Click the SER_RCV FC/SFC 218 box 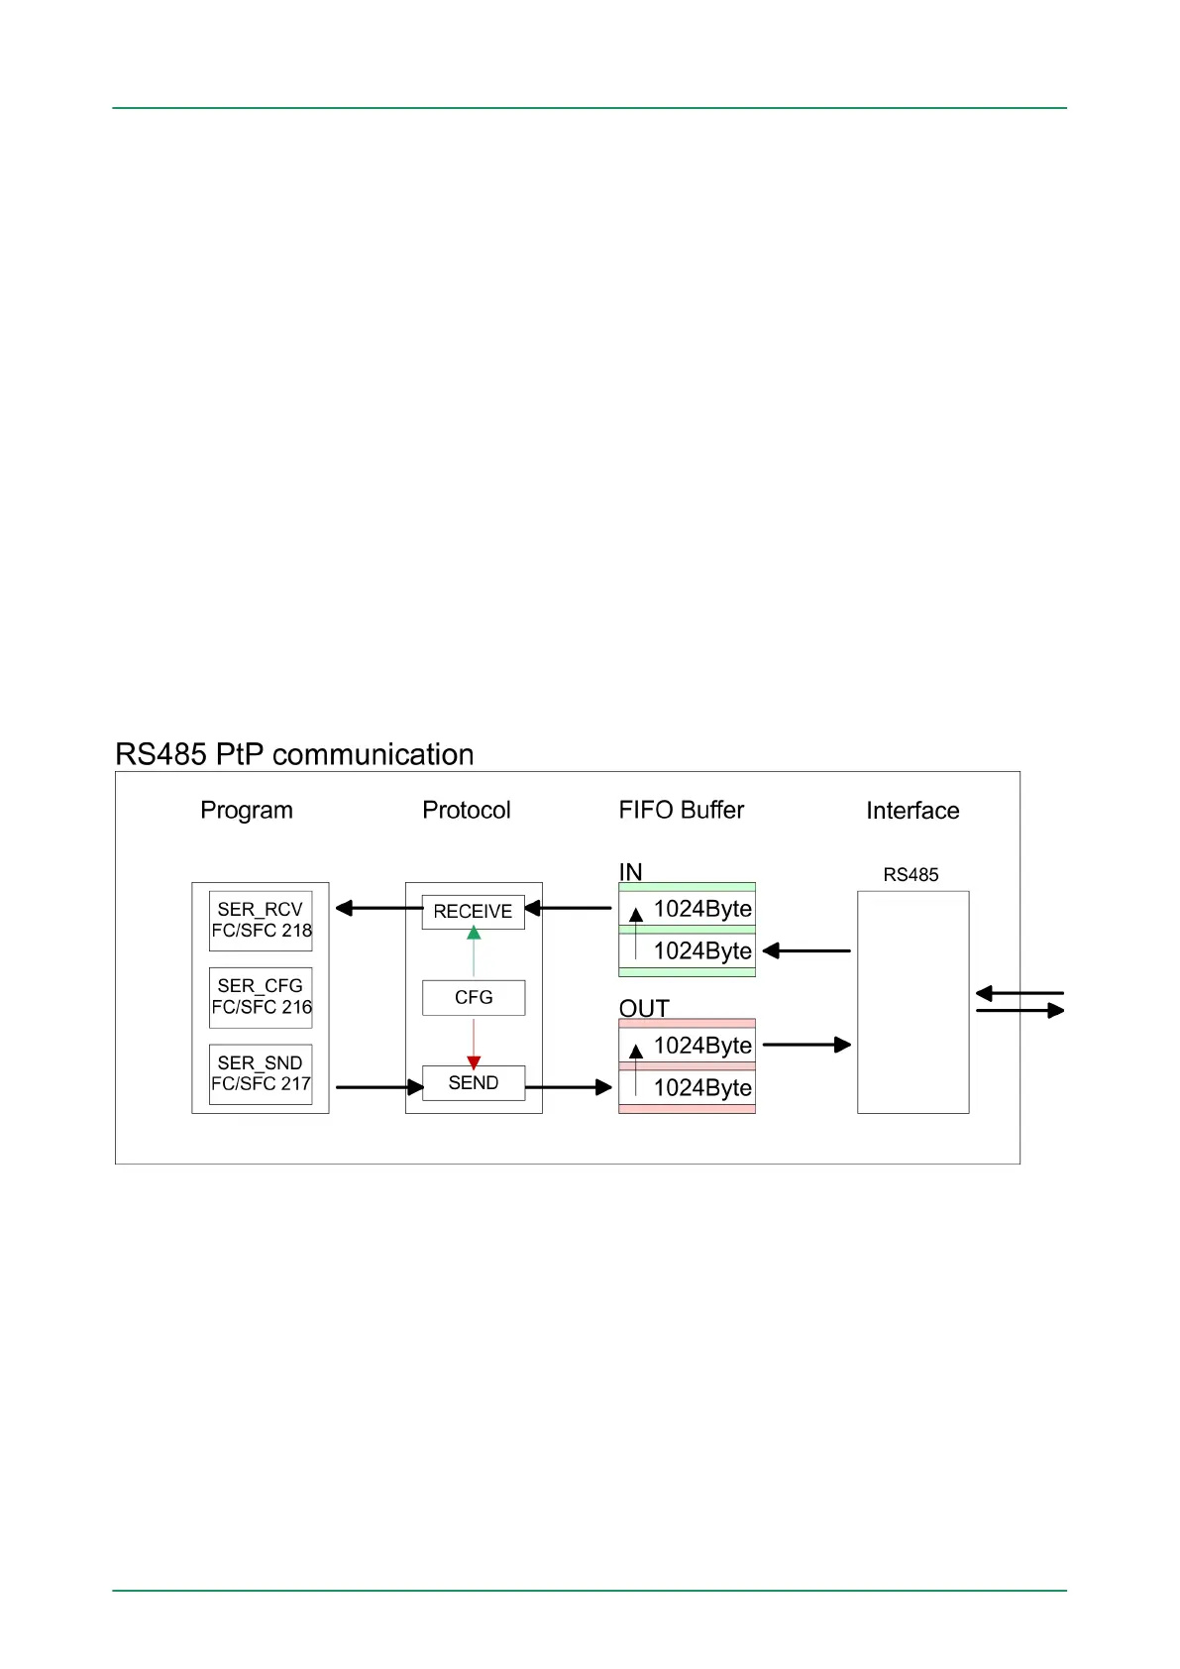261,921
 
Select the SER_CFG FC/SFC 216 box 261,997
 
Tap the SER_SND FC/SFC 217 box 261,1073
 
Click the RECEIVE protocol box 473,912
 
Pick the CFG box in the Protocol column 474,998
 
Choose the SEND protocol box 474,1083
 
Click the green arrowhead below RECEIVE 474,934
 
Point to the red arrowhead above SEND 474,1061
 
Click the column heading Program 247,811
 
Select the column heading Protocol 467,811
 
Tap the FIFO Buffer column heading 681,811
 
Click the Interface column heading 912,811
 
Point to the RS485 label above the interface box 911,875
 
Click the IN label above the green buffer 630,871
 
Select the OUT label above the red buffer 644,1008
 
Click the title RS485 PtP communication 294,754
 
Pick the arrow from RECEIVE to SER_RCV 378,908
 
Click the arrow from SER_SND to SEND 379,1087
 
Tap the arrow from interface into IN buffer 806,951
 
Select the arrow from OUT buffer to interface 806,1045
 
